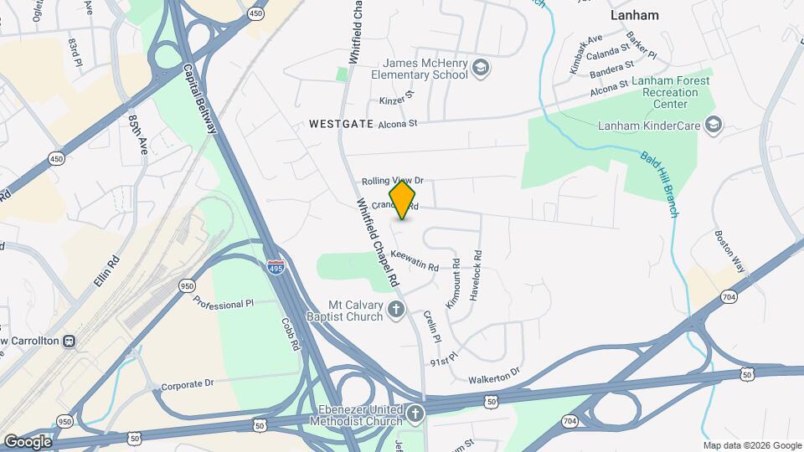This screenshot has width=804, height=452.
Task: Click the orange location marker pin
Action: (403, 200)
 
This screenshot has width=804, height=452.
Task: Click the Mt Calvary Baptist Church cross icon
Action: (397, 311)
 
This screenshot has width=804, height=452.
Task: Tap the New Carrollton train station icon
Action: (70, 342)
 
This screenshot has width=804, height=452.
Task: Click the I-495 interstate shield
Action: (275, 268)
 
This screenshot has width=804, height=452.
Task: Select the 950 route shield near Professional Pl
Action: (187, 286)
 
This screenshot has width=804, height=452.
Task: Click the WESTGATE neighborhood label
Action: (340, 123)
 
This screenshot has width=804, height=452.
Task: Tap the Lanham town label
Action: (634, 15)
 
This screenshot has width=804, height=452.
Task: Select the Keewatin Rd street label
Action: (415, 261)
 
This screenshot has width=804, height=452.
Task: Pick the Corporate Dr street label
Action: (187, 384)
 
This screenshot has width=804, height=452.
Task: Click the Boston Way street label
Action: (729, 251)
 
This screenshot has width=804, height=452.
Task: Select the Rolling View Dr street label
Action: (393, 181)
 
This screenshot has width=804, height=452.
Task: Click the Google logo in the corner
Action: (28, 441)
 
